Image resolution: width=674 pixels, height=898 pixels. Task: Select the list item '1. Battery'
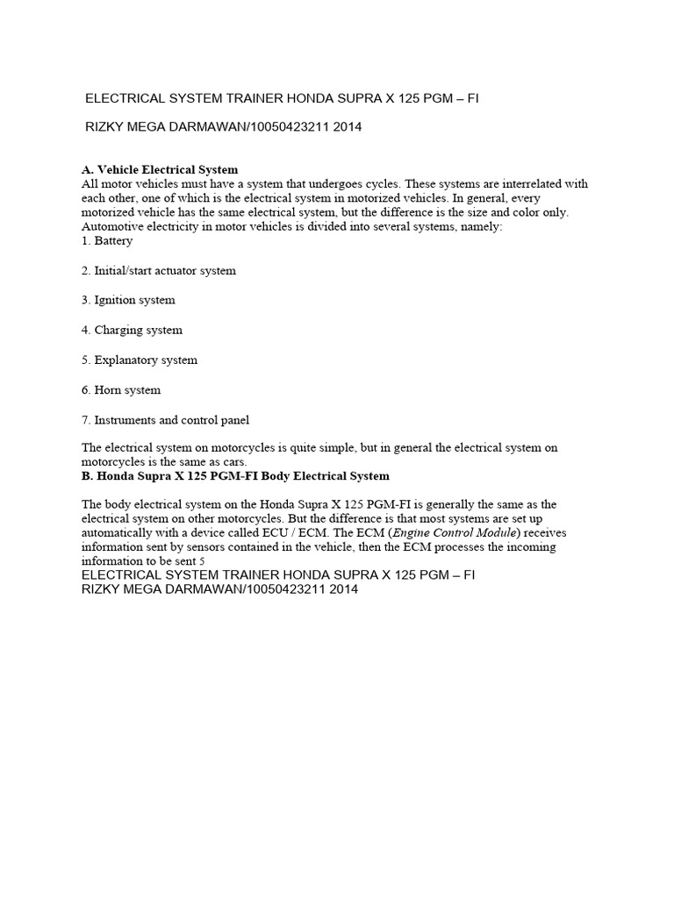(107, 240)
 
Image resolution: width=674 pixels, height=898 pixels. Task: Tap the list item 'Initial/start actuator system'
(165, 271)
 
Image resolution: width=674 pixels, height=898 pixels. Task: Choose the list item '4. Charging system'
(132, 330)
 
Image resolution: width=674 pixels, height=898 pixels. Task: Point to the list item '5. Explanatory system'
(140, 360)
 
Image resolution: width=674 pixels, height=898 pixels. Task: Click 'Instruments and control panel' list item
(172, 420)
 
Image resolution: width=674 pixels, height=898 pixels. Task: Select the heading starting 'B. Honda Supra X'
(235, 475)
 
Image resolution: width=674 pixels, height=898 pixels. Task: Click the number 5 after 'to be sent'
(202, 560)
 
